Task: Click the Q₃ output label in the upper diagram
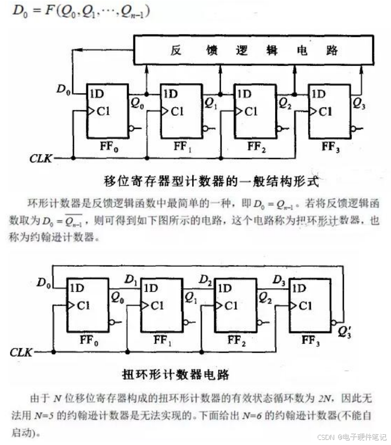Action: point(360,103)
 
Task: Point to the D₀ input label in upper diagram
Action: point(64,89)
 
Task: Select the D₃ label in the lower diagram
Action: point(278,279)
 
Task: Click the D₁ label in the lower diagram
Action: point(130,279)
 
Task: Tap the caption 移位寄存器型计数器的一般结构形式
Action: point(212,182)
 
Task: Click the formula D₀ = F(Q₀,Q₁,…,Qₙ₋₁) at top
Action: point(79,11)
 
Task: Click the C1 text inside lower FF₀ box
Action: point(84,306)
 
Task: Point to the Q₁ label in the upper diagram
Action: point(211,103)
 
